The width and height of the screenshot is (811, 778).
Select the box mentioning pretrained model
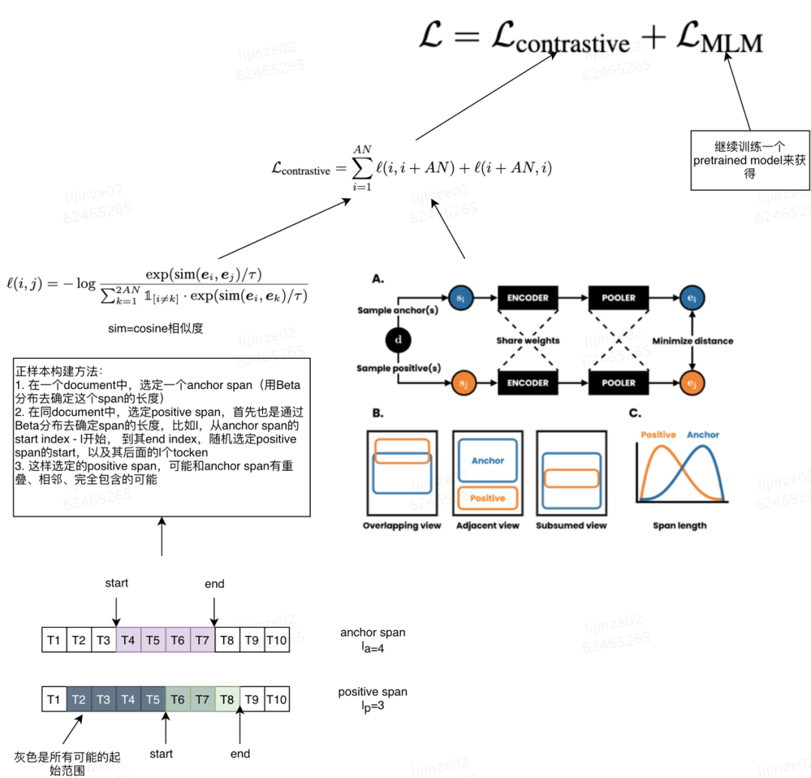[x=751, y=161]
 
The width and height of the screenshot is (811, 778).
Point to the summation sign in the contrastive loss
[x=363, y=167]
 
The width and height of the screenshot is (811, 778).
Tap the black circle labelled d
[x=398, y=340]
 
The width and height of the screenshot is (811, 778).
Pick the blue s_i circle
[x=460, y=297]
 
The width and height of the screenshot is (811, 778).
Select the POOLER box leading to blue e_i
[x=617, y=297]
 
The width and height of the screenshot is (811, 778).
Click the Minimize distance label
[x=692, y=341]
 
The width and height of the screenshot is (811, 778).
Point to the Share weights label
[x=528, y=341]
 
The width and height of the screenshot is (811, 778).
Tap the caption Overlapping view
[x=402, y=526]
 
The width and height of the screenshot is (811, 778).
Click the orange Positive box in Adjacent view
[x=487, y=498]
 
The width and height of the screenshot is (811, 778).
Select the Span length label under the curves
[x=680, y=526]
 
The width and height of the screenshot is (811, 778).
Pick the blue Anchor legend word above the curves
[x=703, y=435]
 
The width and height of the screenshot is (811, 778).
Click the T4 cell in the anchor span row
[x=128, y=640]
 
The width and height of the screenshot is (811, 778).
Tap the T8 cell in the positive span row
[x=227, y=700]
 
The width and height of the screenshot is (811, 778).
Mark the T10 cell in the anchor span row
[x=277, y=640]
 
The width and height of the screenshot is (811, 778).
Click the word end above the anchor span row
[x=215, y=583]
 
